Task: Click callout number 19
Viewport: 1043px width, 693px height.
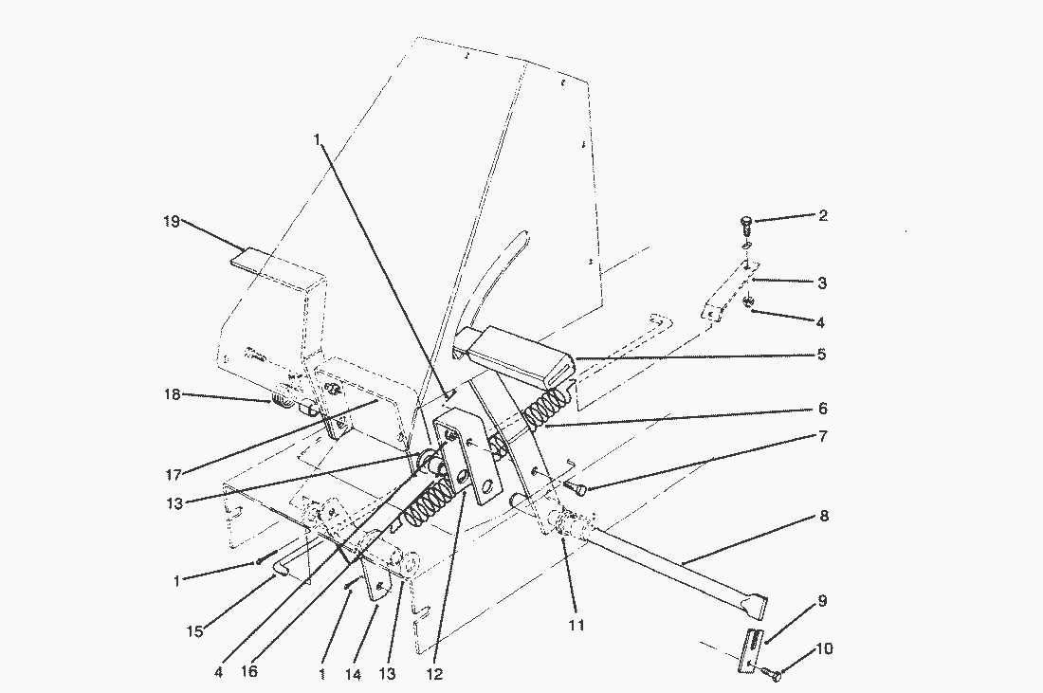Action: point(172,221)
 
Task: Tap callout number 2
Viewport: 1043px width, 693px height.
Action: point(823,215)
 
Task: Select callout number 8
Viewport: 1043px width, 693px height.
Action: point(824,515)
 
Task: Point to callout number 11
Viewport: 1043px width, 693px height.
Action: point(576,625)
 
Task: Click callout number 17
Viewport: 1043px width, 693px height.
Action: point(174,475)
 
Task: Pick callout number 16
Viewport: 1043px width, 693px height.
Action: point(248,671)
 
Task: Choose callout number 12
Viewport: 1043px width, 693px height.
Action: point(433,674)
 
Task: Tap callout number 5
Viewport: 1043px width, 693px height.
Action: point(821,354)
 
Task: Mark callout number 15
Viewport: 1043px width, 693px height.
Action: point(194,631)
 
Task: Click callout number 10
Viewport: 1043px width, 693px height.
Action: point(823,648)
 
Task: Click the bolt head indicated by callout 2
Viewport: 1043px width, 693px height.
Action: point(746,221)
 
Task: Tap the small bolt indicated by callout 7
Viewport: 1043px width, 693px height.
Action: point(576,488)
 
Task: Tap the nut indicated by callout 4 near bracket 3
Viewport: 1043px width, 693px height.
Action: point(748,301)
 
